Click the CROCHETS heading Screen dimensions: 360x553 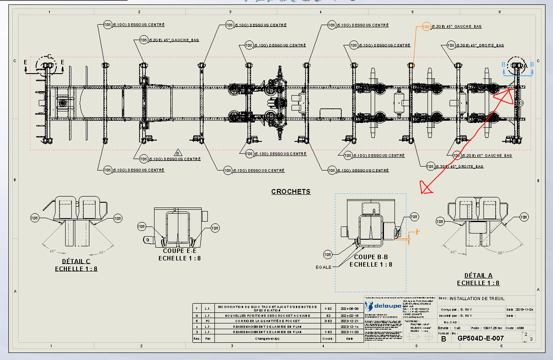pyautogui.click(x=291, y=191)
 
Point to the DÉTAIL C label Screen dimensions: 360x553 pyautogui.click(x=76, y=261)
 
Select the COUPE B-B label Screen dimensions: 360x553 pyautogui.click(x=371, y=257)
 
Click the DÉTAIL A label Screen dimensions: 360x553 pyautogui.click(x=478, y=275)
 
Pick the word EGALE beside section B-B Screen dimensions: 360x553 pyautogui.click(x=323, y=267)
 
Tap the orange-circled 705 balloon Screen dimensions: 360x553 pyautogui.click(x=426, y=27)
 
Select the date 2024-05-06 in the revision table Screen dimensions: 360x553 pyautogui.click(x=347, y=308)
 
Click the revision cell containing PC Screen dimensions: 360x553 pyautogui.click(x=207, y=321)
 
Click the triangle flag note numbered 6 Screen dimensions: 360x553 pyautogui.click(x=178, y=153)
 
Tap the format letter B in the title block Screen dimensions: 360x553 pyautogui.click(x=443, y=339)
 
